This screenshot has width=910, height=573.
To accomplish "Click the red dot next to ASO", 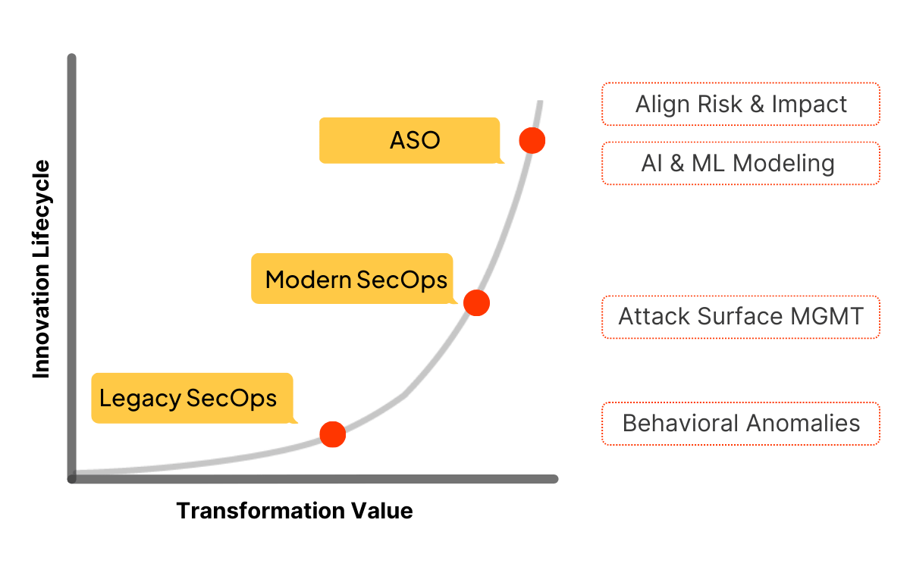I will pos(532,140).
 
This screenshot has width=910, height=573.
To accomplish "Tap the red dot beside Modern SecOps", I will pos(476,302).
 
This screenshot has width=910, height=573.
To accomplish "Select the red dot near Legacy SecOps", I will pos(333,434).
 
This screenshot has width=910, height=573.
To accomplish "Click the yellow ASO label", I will pos(409,140).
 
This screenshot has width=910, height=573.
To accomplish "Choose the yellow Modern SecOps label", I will pos(353,279).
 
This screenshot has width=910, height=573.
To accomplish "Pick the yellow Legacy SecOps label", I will pos(192,398).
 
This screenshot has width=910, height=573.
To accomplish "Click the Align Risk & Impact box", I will pos(741,104).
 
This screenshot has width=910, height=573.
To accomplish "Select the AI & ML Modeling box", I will pos(741,163).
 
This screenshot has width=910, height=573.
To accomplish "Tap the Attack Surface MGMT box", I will pos(741,316).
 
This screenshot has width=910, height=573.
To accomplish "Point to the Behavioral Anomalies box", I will pos(741,423).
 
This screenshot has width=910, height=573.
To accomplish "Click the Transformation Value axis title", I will pos(294,511).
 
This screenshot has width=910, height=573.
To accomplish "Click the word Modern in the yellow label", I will pos(308,280).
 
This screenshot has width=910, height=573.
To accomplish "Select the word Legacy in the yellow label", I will pos(140,398).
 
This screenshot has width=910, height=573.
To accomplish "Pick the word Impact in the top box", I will pos(809,104).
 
